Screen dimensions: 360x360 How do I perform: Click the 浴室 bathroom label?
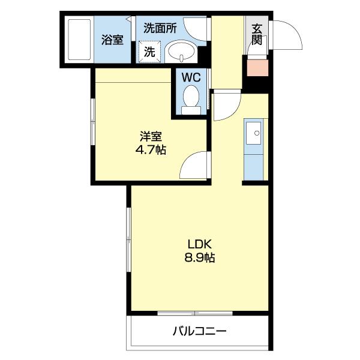pyautogui.click(x=112, y=40)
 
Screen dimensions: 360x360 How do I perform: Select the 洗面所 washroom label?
pyautogui.click(x=159, y=28)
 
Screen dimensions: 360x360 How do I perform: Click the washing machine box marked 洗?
pyautogui.click(x=148, y=52)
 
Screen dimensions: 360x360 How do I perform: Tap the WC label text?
pyautogui.click(x=191, y=78)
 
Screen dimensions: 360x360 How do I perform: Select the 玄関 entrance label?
pyautogui.click(x=257, y=34)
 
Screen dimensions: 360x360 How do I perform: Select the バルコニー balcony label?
pyautogui.click(x=200, y=331)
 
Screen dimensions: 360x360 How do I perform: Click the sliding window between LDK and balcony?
pyautogui.click(x=195, y=313)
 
